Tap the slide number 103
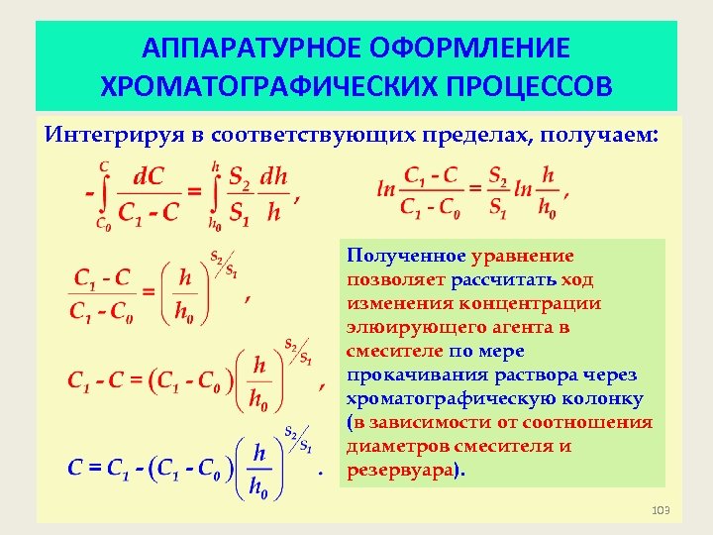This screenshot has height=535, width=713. (661, 509)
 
